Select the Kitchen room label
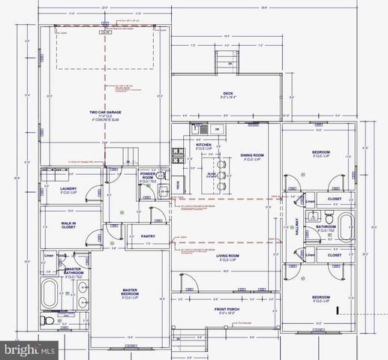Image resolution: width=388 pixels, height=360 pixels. point(203,145)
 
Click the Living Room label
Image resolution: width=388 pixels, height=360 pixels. point(227,256)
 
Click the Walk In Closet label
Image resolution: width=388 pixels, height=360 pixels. point(61,223)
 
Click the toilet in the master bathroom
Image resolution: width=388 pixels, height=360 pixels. point(48,321)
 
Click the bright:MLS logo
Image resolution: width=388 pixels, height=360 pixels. point(30,349)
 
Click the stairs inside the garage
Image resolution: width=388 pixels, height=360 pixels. point(130,154)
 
